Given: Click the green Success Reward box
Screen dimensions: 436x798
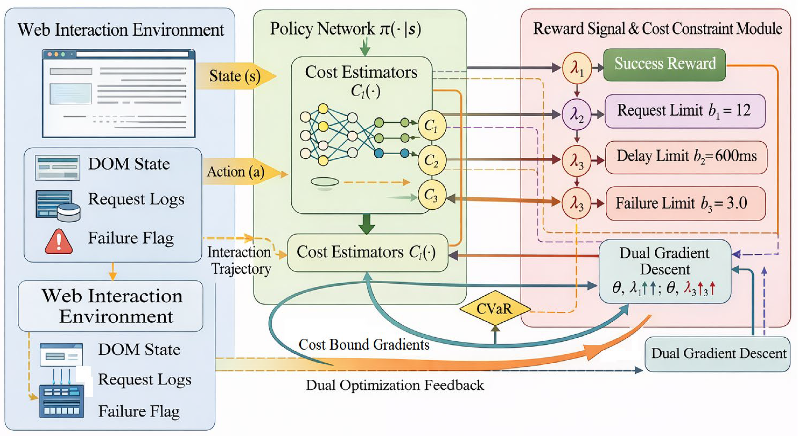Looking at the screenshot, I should pos(665,64).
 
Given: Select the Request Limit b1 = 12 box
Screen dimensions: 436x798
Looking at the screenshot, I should pos(685,111).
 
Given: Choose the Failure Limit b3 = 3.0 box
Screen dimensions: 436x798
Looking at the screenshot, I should pos(685,203).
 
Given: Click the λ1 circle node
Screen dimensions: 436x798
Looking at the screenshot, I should pos(577,68).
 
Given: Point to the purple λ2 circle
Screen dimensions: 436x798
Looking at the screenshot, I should pos(577,114).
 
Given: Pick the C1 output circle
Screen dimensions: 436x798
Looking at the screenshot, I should pos(432,126).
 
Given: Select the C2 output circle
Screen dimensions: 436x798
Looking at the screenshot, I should pos(432,160).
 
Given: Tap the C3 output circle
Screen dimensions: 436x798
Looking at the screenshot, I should pos(432,195).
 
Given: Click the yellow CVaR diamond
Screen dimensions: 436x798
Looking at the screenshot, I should pos(495,308).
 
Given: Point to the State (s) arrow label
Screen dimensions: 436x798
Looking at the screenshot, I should pos(235,76).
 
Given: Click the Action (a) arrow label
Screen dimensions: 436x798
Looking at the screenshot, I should pos(236,172).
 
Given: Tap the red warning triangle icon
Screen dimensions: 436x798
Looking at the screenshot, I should pos(59,242).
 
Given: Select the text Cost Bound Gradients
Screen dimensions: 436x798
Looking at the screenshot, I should pos(364,345).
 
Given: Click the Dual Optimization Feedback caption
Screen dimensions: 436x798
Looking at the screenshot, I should pos(395,385).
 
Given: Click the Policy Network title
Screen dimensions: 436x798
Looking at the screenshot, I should pos(345,29).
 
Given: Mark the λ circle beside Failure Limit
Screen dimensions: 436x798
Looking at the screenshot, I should pos(577,203).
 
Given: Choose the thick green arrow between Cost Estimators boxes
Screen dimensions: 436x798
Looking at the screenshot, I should pos(366,224).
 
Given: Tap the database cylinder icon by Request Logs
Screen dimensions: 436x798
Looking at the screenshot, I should pos(69,212).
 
